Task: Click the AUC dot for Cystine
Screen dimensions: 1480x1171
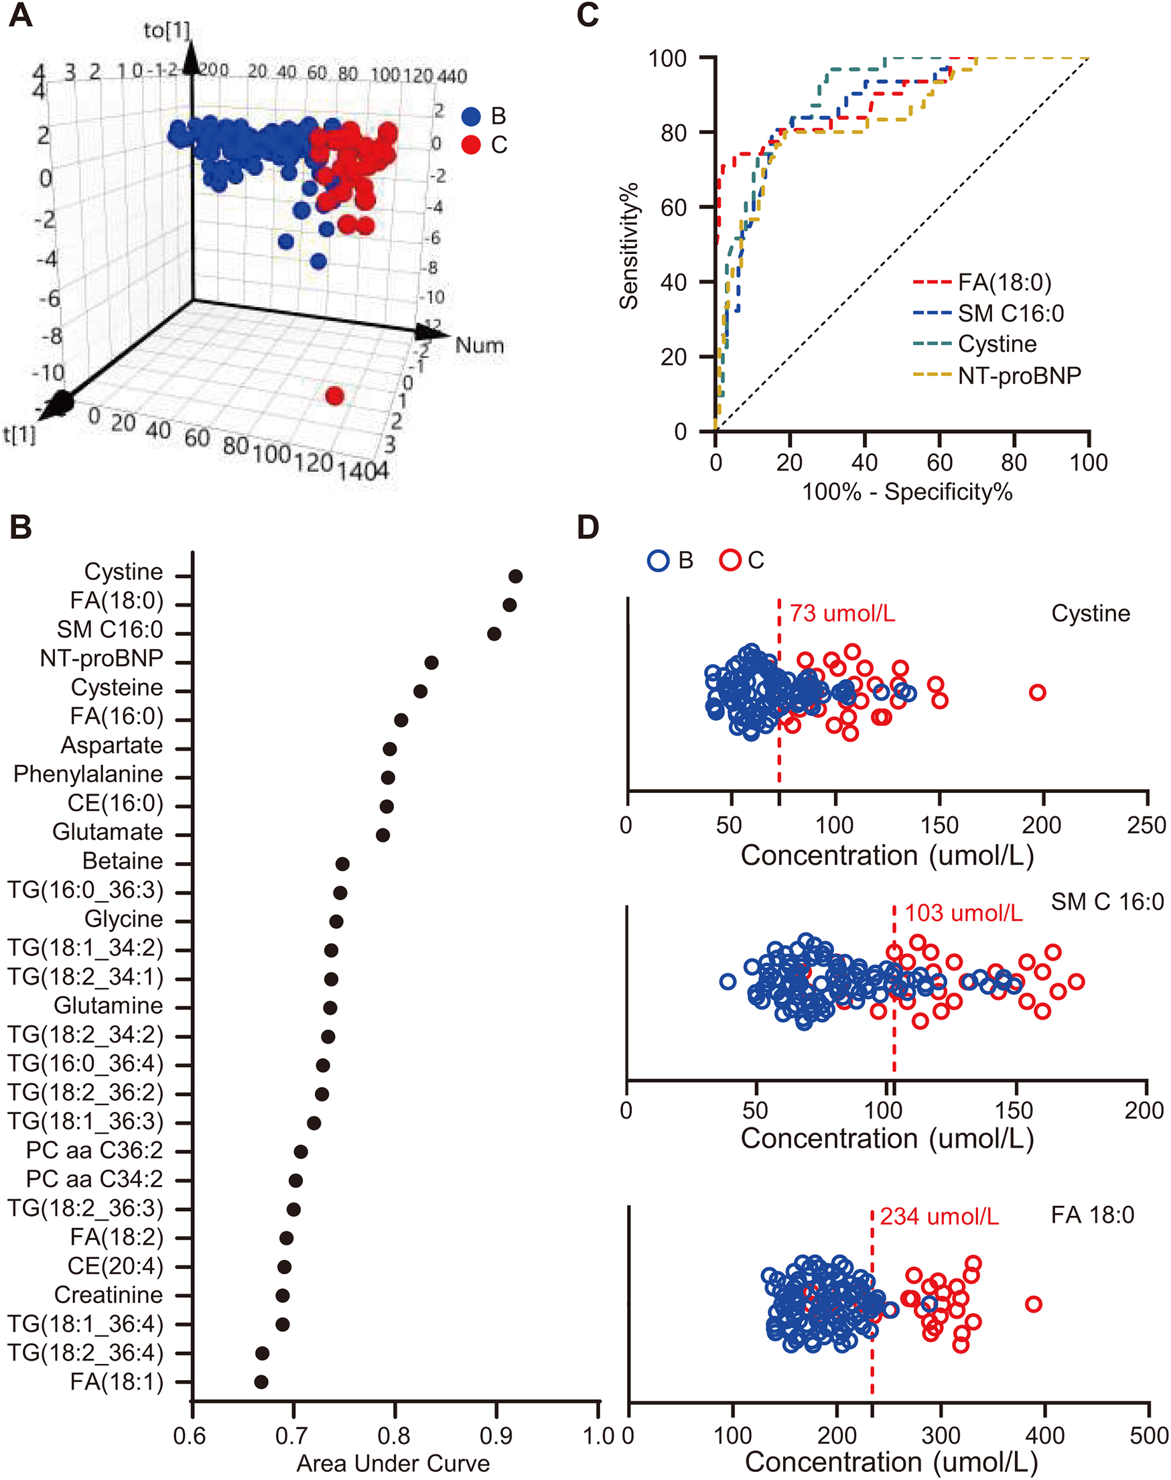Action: tap(516, 576)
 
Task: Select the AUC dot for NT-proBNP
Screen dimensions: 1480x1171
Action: tap(431, 662)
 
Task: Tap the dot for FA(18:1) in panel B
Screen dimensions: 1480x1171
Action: tap(261, 1381)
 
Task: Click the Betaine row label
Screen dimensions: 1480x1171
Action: tap(123, 861)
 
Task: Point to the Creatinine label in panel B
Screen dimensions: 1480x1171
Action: tap(109, 1295)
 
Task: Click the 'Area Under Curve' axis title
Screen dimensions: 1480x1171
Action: tap(393, 1463)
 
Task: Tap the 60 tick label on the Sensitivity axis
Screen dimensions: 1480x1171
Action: tap(673, 207)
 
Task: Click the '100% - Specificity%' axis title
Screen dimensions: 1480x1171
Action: tap(907, 491)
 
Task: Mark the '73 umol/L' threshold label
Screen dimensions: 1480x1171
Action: tap(842, 613)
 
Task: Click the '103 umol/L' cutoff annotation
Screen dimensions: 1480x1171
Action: tap(963, 913)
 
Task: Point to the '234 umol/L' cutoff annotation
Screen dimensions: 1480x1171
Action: tap(939, 1216)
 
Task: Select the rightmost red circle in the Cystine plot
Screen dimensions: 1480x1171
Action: tap(1037, 692)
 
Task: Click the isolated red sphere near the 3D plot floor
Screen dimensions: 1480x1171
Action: tap(334, 395)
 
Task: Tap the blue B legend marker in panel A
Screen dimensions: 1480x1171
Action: tap(471, 116)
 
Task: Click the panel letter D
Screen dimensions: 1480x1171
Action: tap(588, 527)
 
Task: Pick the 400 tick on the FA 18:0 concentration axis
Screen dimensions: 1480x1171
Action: tap(1045, 1434)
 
